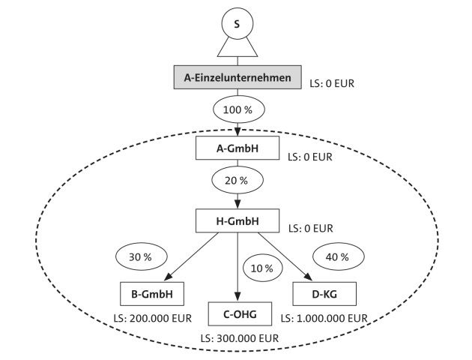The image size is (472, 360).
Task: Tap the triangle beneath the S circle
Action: click(x=237, y=48)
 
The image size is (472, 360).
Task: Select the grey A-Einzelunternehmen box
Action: click(x=237, y=76)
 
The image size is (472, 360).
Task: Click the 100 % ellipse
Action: click(x=237, y=110)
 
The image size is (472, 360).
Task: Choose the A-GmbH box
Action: click(x=237, y=148)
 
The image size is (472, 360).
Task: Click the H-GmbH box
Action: click(x=237, y=220)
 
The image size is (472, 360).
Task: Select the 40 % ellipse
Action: click(x=337, y=256)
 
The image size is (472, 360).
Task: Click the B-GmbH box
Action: click(x=152, y=293)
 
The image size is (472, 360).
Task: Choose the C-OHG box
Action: click(x=237, y=313)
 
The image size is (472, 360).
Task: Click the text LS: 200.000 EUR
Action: click(x=151, y=318)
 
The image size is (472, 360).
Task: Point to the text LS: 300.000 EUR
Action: click(x=239, y=339)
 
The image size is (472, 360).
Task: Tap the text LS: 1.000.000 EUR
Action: click(x=324, y=318)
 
